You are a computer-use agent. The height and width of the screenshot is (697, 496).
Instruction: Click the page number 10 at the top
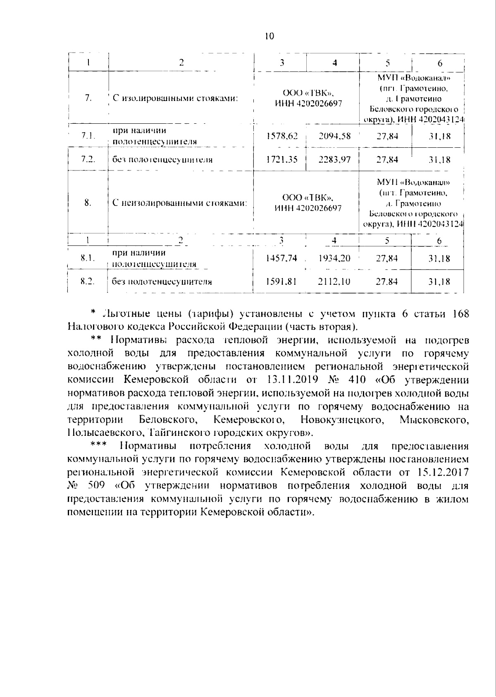[269, 36]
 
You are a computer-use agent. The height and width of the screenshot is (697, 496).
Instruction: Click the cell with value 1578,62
[282, 136]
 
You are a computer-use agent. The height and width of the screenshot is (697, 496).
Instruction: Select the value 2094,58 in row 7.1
[335, 136]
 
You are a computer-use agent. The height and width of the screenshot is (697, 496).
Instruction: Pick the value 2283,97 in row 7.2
[335, 159]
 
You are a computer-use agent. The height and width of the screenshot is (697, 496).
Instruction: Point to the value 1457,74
[281, 258]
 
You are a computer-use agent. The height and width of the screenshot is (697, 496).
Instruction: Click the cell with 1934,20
[335, 258]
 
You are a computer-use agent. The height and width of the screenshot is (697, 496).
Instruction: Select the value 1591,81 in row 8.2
[281, 282]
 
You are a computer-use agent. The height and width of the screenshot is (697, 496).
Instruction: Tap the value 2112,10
[335, 282]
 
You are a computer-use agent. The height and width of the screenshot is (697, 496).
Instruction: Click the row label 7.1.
[88, 136]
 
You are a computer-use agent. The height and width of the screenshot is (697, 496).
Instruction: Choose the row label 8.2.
[87, 281]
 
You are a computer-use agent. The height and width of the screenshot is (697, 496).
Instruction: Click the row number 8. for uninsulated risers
[88, 203]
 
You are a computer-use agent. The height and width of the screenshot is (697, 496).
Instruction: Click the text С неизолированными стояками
[180, 203]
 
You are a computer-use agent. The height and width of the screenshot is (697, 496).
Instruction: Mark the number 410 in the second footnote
[358, 380]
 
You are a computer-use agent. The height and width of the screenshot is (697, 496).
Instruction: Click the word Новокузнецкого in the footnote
[341, 420]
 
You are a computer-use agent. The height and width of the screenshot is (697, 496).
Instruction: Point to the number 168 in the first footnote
[461, 313]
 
